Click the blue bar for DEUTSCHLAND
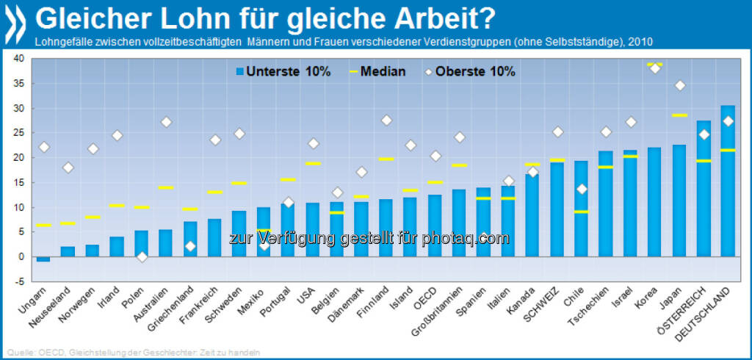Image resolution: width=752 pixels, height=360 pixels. point(728,184)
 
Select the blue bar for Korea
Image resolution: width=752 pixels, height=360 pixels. point(654,203)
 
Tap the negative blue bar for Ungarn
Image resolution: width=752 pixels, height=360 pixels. point(43,259)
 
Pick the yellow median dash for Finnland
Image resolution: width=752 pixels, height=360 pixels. point(386,159)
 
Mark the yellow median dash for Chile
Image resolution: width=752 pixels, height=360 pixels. point(581,212)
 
